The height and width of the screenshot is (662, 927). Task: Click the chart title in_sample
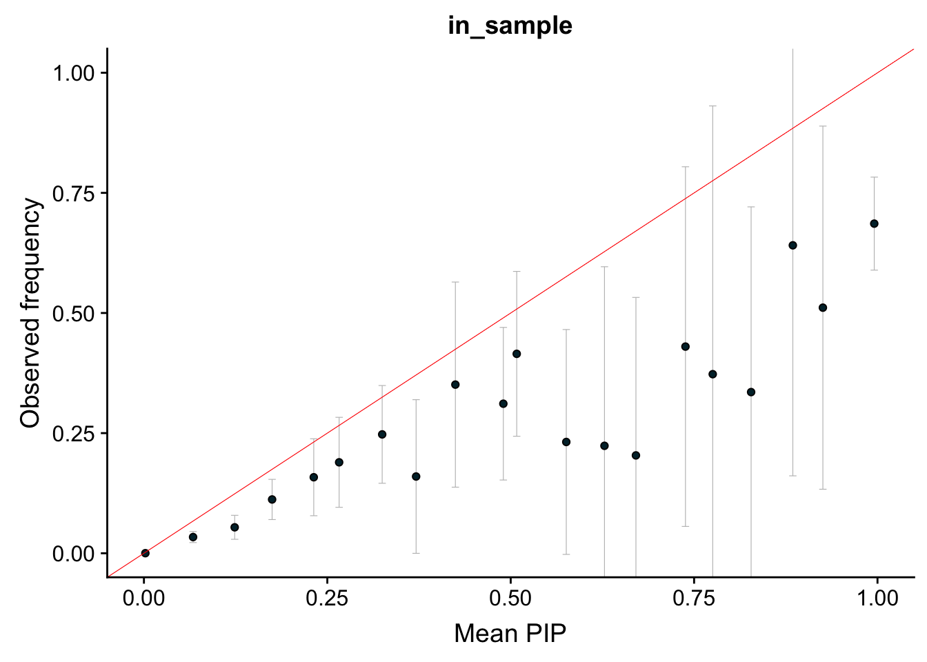(x=510, y=26)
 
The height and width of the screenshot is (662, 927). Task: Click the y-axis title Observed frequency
(x=31, y=312)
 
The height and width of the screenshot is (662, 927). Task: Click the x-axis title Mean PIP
(x=510, y=632)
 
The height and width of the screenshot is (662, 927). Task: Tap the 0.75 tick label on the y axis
(x=74, y=193)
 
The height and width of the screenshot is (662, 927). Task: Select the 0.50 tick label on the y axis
(x=74, y=313)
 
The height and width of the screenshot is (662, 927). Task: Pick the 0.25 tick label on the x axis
(x=327, y=597)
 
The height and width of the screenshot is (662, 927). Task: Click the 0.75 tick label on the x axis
(x=693, y=597)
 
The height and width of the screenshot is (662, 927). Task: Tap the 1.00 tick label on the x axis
(x=877, y=597)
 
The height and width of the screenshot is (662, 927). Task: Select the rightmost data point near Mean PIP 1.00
(x=874, y=223)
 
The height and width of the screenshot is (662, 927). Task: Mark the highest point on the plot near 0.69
(x=874, y=223)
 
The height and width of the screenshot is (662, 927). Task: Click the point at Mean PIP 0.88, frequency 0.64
(x=793, y=245)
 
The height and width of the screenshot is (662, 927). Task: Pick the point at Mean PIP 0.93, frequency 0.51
(x=822, y=308)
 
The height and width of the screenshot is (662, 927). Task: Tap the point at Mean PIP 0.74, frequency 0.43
(x=686, y=346)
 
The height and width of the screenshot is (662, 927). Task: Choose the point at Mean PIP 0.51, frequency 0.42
(x=517, y=354)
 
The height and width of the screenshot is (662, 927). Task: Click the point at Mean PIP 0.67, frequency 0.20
(x=636, y=455)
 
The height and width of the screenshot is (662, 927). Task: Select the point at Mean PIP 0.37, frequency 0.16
(x=416, y=477)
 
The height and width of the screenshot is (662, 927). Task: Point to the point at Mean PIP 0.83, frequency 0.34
(x=751, y=392)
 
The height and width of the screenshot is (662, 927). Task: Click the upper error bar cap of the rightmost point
(x=874, y=177)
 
